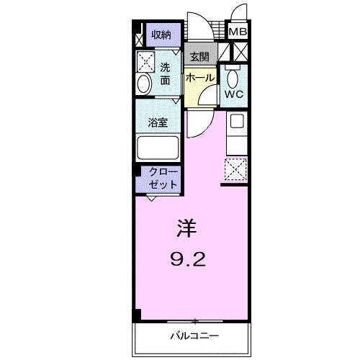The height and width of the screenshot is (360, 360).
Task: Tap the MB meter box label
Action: pos(237,32)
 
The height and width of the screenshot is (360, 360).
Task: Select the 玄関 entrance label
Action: pos(199,56)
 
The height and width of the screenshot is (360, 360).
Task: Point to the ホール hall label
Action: pos(199,77)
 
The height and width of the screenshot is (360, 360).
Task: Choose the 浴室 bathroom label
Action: pos(158,122)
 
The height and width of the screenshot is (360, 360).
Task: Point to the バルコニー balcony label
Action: pos(194,336)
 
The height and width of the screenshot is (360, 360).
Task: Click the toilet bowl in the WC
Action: pos(232,76)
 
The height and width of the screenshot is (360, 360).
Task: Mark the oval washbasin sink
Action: pos(143,84)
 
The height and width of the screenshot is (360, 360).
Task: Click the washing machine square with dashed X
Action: pos(147,60)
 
